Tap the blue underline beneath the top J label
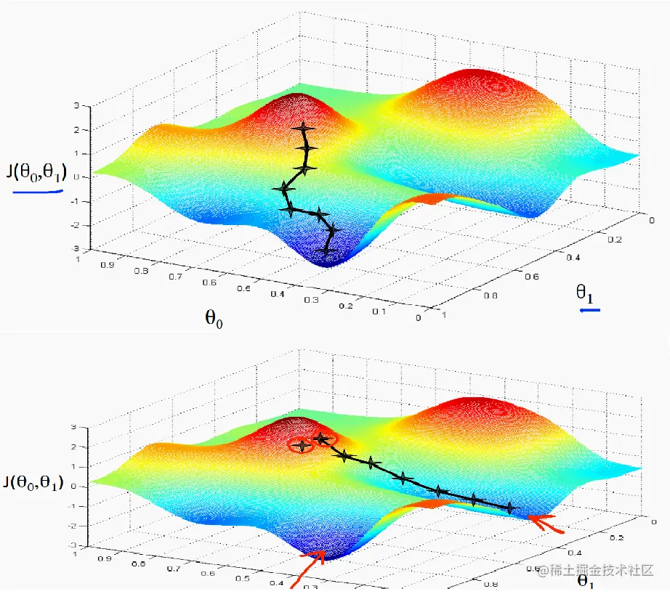(x=37, y=192)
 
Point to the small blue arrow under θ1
(x=589, y=311)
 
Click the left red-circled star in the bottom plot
(x=301, y=446)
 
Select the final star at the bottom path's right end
(x=509, y=508)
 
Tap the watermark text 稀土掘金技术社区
(x=602, y=570)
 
